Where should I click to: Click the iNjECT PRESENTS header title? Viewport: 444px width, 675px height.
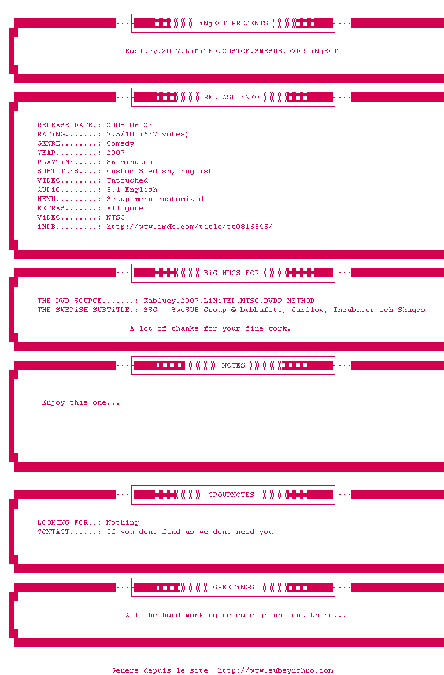[234, 23]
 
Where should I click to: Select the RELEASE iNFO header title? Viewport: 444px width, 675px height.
[231, 97]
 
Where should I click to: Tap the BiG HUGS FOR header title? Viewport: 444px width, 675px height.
[231, 273]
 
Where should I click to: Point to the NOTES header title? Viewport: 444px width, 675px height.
[234, 365]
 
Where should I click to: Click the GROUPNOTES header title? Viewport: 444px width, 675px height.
[231, 495]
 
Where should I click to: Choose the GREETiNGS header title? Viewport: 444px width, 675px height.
[234, 587]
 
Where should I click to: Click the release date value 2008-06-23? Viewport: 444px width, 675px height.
[129, 125]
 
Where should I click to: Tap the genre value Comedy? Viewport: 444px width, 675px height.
[120, 143]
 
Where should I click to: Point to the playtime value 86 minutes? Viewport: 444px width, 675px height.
[129, 162]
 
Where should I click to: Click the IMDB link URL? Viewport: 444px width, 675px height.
[189, 227]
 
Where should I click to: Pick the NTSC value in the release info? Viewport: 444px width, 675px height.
[116, 217]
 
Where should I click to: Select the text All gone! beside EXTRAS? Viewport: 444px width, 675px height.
[127, 208]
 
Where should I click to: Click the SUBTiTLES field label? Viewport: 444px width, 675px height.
[58, 171]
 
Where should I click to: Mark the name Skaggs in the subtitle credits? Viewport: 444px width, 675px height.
[411, 310]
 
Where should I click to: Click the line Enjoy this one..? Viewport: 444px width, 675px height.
[81, 402]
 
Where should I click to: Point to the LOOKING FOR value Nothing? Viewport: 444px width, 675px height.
[123, 522]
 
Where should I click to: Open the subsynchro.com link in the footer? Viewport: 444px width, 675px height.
[275, 670]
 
